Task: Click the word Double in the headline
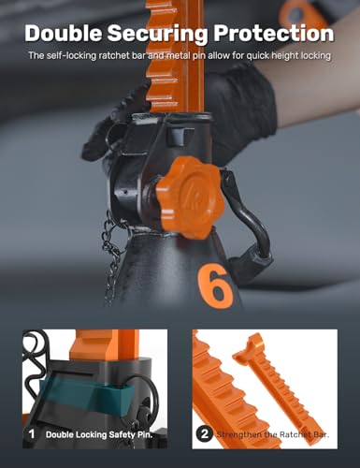pos(63,33)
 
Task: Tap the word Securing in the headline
pos(157,34)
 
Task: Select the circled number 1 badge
pos(32,433)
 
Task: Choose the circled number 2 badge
pos(205,434)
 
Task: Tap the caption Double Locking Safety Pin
pos(99,434)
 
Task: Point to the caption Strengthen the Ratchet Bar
pos(273,434)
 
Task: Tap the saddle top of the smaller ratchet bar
pos(250,346)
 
